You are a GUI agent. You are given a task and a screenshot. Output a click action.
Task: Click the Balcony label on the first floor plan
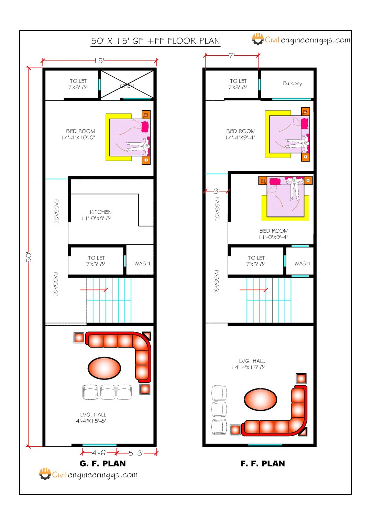[292, 84]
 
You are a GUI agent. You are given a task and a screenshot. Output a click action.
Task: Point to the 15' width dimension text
[99, 61]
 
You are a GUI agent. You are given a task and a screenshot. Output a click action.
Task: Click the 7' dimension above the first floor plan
[231, 55]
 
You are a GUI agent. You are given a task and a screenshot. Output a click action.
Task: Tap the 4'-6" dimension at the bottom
[99, 453]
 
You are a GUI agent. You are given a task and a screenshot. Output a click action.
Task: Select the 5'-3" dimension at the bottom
[136, 453]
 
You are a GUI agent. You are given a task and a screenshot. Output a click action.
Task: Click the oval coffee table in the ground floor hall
[104, 367]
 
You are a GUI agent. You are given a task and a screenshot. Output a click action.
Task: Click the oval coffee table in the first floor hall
[260, 399]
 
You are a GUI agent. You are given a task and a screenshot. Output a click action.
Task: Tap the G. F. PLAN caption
[102, 464]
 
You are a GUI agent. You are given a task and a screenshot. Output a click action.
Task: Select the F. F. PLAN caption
[263, 464]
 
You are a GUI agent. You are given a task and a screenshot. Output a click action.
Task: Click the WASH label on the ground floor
[142, 264]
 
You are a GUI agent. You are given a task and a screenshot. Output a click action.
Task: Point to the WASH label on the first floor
[302, 264]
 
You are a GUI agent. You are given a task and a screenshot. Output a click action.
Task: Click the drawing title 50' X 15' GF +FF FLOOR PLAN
[155, 41]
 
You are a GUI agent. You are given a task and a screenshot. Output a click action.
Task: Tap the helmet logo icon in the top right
[257, 39]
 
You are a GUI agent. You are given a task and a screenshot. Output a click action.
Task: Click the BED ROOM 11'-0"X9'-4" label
[274, 234]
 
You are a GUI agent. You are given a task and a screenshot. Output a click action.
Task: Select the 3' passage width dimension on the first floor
[217, 191]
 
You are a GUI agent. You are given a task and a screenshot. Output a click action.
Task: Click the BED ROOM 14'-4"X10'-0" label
[80, 134]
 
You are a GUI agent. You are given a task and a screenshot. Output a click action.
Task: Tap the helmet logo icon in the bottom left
[45, 474]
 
